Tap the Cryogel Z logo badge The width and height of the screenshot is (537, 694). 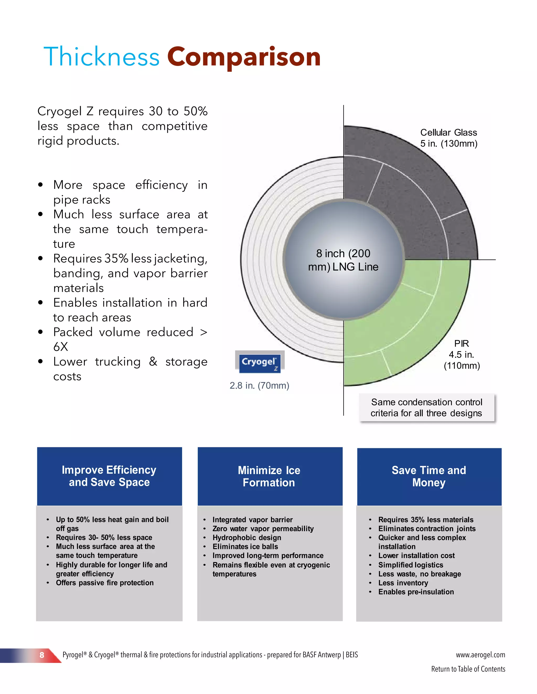pos(260,362)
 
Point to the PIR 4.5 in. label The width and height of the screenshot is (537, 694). pos(461,354)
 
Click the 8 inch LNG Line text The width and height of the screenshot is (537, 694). pos(343,260)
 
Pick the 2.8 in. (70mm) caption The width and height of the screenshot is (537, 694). pos(259,385)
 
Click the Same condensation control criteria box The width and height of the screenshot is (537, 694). pos(427,407)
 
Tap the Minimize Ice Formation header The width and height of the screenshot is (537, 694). pos(269,476)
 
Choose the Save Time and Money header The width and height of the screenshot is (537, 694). pos(429,476)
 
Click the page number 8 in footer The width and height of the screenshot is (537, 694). pos(42,655)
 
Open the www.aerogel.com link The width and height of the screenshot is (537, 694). pos(480,655)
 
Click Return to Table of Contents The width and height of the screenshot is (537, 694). pos(468,669)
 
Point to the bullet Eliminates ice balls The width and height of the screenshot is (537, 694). pos(245,547)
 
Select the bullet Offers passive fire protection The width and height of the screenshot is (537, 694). pos(105,583)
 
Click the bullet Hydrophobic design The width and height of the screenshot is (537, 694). pos(247,538)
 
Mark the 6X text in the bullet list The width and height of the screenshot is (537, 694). pos(61,347)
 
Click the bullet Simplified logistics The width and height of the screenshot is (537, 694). pos(410,565)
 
